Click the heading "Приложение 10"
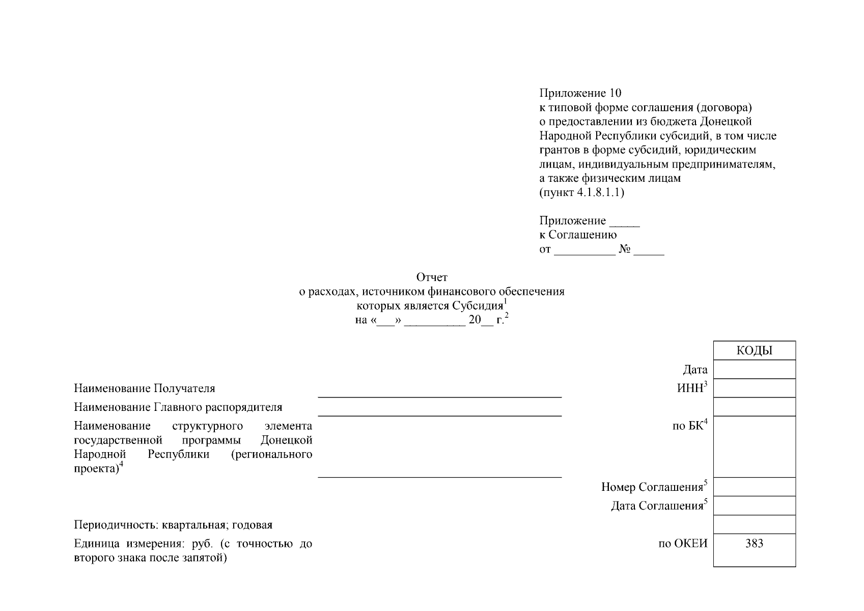pyautogui.click(x=580, y=93)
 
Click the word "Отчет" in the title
pyautogui.click(x=432, y=277)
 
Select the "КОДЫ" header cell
pyautogui.click(x=754, y=351)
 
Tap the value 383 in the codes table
pyautogui.click(x=754, y=543)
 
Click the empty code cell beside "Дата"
pyautogui.click(x=754, y=370)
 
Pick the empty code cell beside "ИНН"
pyautogui.click(x=754, y=388)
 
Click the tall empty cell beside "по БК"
pyautogui.click(x=754, y=447)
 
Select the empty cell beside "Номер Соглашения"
pyautogui.click(x=754, y=487)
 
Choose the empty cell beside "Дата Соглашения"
pyautogui.click(x=754, y=506)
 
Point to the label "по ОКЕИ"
pyautogui.click(x=683, y=543)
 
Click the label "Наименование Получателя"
pyautogui.click(x=144, y=388)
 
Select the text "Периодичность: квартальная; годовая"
pyautogui.click(x=173, y=525)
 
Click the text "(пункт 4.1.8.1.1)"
pyautogui.click(x=581, y=192)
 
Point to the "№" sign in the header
pyautogui.click(x=625, y=249)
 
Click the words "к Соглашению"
pyautogui.click(x=578, y=235)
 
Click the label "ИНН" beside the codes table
pyautogui.click(x=690, y=388)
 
